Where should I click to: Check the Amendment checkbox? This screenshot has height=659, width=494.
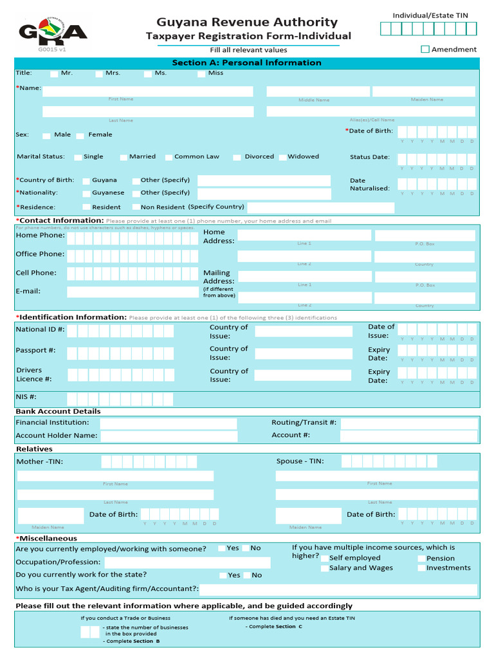425,49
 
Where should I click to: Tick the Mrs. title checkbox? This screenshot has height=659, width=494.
99,73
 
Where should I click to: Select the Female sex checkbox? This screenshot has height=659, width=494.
80,135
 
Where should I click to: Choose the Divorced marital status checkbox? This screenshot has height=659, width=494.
237,157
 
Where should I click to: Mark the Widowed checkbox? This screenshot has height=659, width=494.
282,157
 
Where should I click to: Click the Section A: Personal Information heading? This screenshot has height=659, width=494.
247,62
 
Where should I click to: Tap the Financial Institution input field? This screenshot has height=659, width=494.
169,423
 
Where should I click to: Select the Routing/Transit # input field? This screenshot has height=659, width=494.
409,423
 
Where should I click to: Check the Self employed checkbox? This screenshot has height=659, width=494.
325,559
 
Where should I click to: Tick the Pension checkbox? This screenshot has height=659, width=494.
421,559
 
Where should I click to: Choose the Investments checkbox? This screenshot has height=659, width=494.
421,568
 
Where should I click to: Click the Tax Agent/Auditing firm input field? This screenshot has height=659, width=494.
338,589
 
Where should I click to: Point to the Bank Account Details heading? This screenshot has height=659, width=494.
58,411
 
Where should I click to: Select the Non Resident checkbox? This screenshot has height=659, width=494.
136,207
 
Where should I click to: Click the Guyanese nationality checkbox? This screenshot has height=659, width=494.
86,193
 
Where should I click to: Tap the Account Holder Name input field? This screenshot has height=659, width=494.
169,436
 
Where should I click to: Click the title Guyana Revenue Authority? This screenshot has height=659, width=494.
247,23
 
